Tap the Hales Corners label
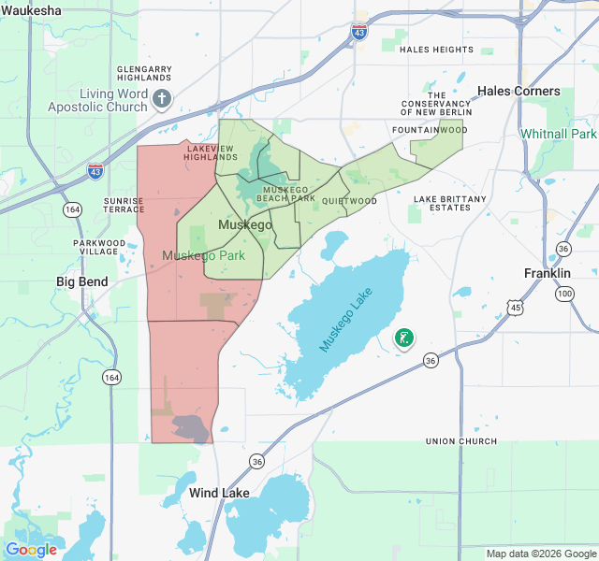[519, 91]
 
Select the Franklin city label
[548, 273]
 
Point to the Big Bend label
[82, 281]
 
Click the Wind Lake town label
[219, 493]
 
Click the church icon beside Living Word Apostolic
[162, 98]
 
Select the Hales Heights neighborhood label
[436, 50]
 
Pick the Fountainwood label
[430, 130]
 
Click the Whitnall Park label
[559, 134]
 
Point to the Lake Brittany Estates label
[450, 203]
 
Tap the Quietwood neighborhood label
[349, 201]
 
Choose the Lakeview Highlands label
[211, 152]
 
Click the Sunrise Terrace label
[124, 206]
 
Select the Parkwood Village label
[98, 248]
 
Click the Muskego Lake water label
[351, 320]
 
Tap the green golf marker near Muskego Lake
[405, 338]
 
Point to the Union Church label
[461, 441]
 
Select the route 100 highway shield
[564, 294]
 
